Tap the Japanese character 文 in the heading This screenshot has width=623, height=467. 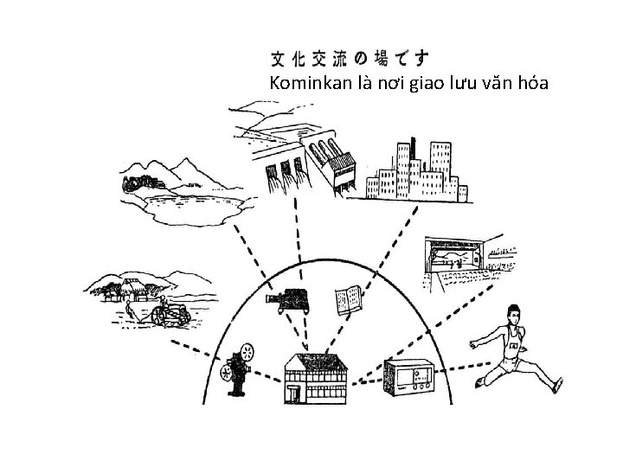[x=279, y=58]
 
